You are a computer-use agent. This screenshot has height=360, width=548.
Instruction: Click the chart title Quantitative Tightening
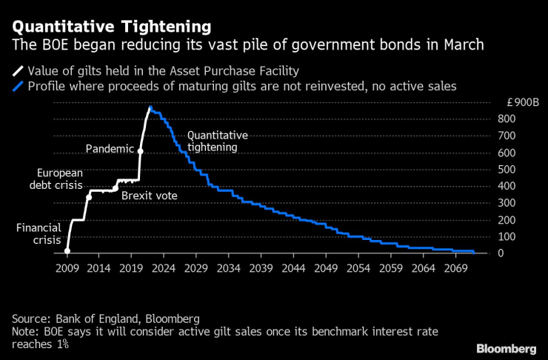tap(110, 26)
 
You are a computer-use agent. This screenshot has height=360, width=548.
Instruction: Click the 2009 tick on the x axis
tap(67, 268)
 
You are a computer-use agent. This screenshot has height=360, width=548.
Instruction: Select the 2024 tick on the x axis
tap(164, 268)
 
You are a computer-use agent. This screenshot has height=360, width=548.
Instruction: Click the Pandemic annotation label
tap(110, 149)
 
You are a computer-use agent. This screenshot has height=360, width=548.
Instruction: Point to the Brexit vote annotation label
tap(150, 196)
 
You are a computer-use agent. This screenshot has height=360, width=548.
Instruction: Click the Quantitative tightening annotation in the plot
tap(217, 141)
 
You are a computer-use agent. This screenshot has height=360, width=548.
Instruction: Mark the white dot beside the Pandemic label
tap(141, 150)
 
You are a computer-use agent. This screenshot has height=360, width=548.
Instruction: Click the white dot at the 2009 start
tap(67, 251)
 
